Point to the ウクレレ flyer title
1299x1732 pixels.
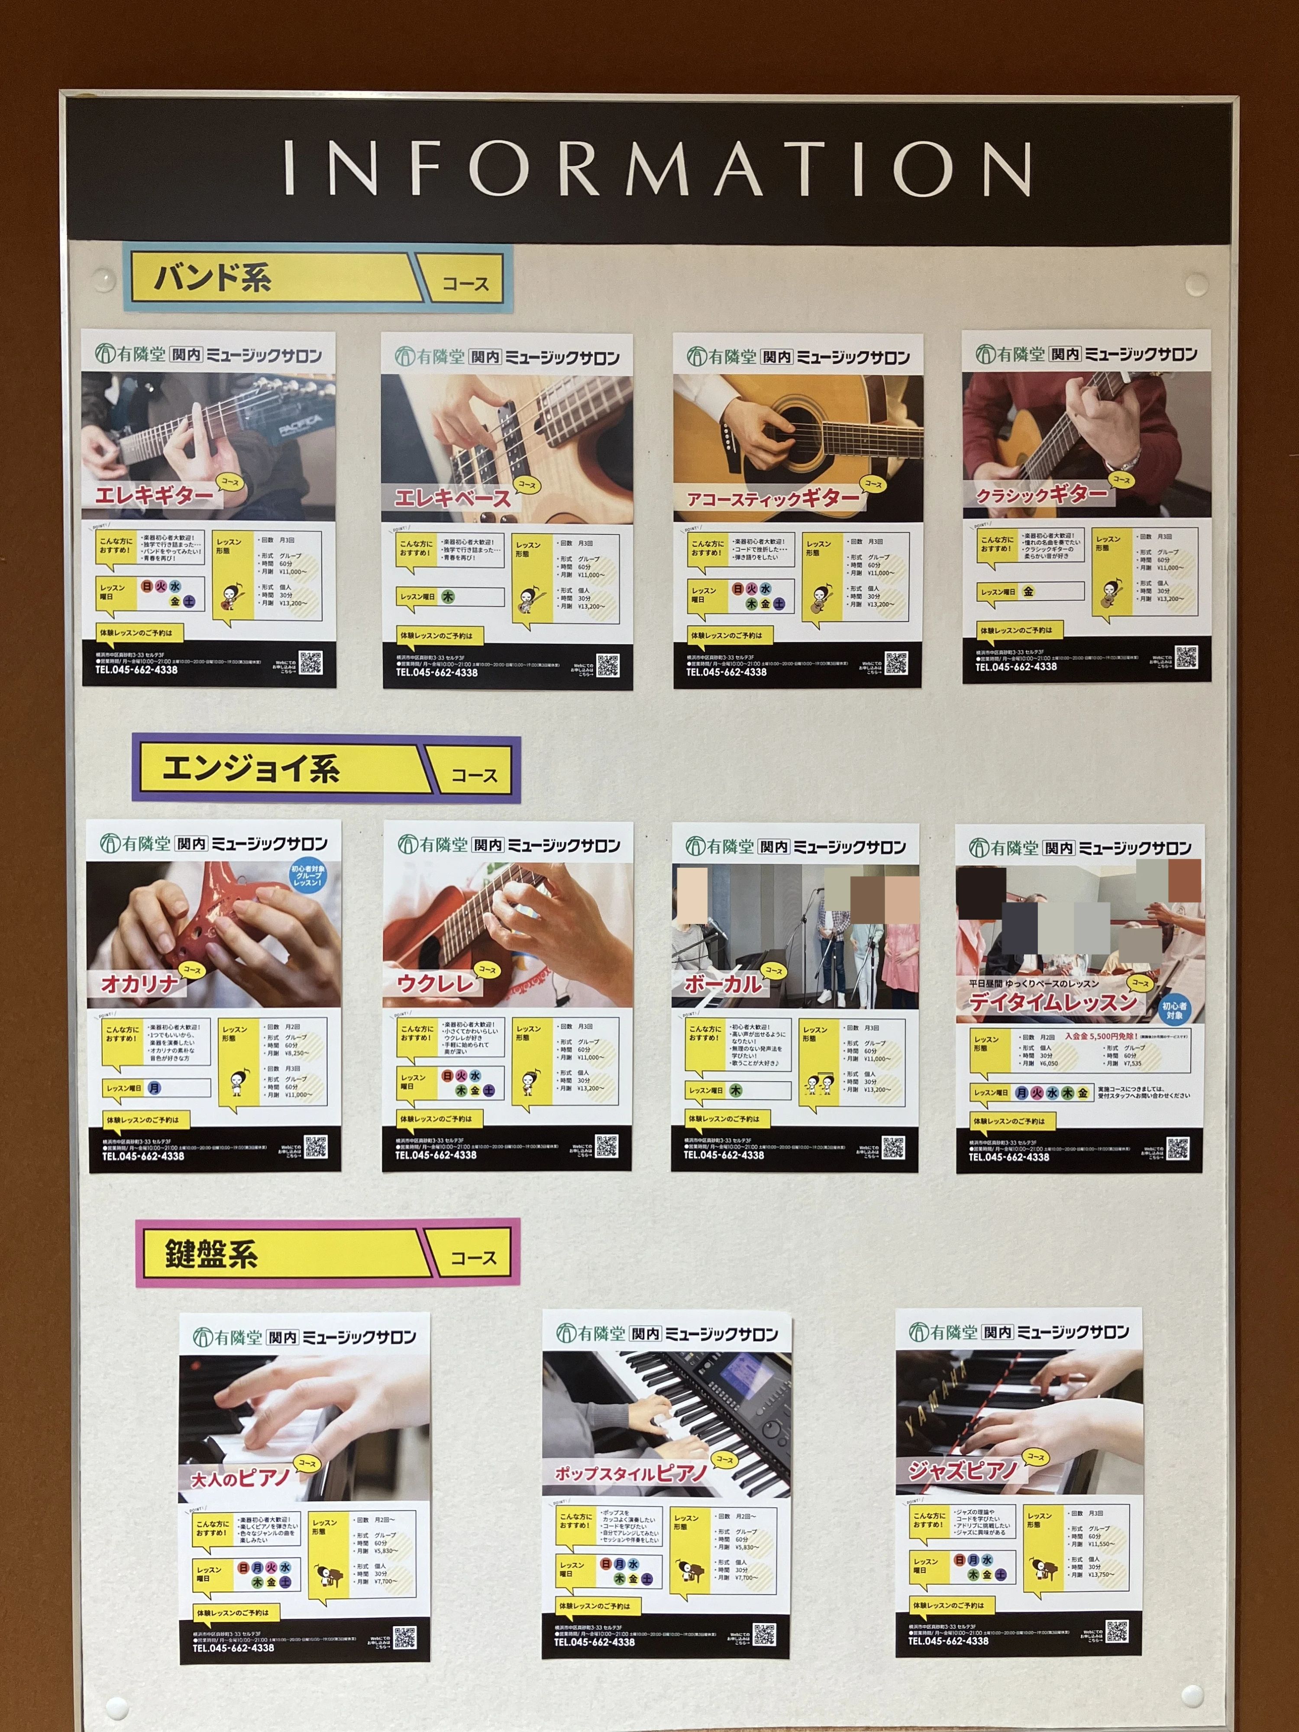pos(435,983)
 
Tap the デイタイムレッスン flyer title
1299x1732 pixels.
pos(1052,1002)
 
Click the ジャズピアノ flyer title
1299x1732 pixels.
pos(962,1470)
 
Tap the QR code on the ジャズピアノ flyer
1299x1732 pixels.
pos(1117,1631)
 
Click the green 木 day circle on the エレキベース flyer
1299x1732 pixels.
pos(448,597)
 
